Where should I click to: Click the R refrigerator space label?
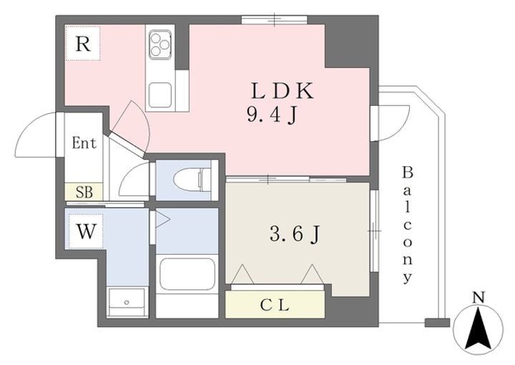[83, 44]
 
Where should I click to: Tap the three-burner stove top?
[160, 43]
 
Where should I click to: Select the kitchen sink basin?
[160, 95]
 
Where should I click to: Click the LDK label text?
[282, 91]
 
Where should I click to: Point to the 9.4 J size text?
[273, 115]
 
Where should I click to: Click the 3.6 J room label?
[295, 235]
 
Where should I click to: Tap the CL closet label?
[275, 306]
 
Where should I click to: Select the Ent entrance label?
[84, 143]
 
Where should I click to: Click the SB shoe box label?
[84, 193]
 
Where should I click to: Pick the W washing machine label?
[87, 232]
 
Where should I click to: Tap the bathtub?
[187, 274]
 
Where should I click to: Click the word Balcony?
[407, 225]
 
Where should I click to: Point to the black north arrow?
[479, 328]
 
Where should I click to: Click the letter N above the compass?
[479, 298]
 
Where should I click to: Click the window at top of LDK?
[275, 20]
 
